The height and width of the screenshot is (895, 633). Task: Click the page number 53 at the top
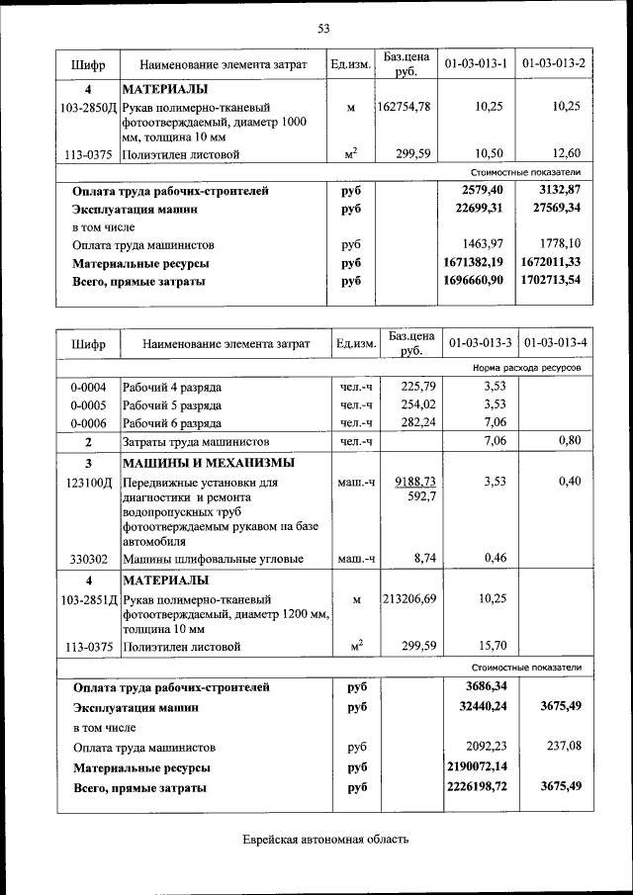(x=322, y=28)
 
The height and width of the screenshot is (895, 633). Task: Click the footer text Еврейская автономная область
(x=325, y=840)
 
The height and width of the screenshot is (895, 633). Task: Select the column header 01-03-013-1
(x=476, y=65)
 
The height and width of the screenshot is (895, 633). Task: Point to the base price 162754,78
(x=404, y=107)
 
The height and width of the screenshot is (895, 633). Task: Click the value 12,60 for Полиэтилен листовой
(x=567, y=154)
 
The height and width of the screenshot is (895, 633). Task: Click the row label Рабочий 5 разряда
(x=172, y=404)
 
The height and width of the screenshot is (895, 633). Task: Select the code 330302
(x=89, y=559)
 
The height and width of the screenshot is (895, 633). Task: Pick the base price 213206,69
(x=408, y=598)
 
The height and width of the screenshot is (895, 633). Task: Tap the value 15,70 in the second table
(x=492, y=646)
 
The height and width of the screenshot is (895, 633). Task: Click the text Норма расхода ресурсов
(x=526, y=368)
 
